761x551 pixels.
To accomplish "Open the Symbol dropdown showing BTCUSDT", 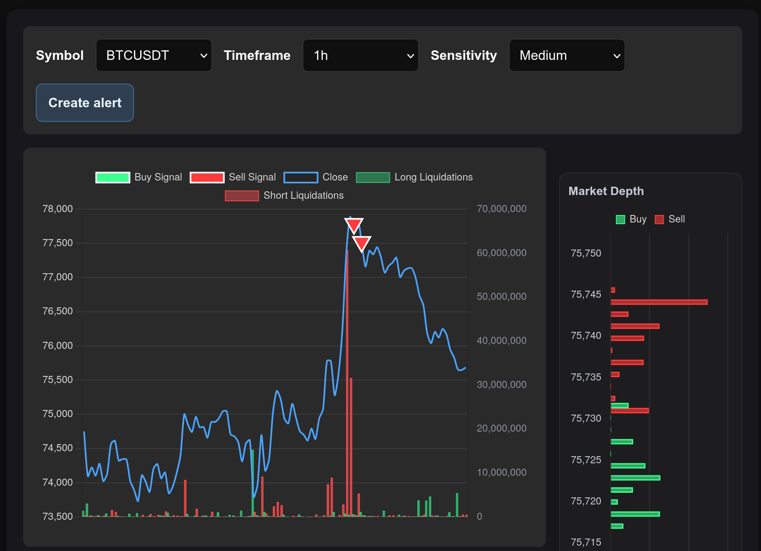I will click(x=154, y=55).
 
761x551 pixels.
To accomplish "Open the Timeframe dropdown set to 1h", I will click(x=360, y=55).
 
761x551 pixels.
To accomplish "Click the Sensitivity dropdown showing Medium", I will click(x=567, y=55).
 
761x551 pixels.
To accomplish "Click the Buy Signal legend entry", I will click(x=139, y=177).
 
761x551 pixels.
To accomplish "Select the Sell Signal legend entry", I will click(x=233, y=177).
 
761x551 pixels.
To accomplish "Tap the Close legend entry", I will click(x=316, y=177).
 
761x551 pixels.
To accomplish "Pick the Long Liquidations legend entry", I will click(x=414, y=177).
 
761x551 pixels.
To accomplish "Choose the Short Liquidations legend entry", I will click(x=284, y=195).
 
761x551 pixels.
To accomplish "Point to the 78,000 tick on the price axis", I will click(x=57, y=209).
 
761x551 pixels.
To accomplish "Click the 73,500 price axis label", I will click(x=57, y=516).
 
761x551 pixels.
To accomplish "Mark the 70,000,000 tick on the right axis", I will click(x=501, y=209).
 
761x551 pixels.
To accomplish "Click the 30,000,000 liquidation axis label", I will click(x=501, y=385).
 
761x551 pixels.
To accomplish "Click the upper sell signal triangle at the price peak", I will click(x=354, y=225).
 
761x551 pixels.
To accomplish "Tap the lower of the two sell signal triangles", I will click(x=362, y=243).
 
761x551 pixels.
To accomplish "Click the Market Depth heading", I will click(x=606, y=191).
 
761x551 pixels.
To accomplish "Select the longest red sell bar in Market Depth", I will click(x=659, y=302).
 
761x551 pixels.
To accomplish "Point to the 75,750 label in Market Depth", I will click(x=586, y=253).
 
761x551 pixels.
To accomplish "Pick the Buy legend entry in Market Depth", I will click(x=631, y=219).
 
